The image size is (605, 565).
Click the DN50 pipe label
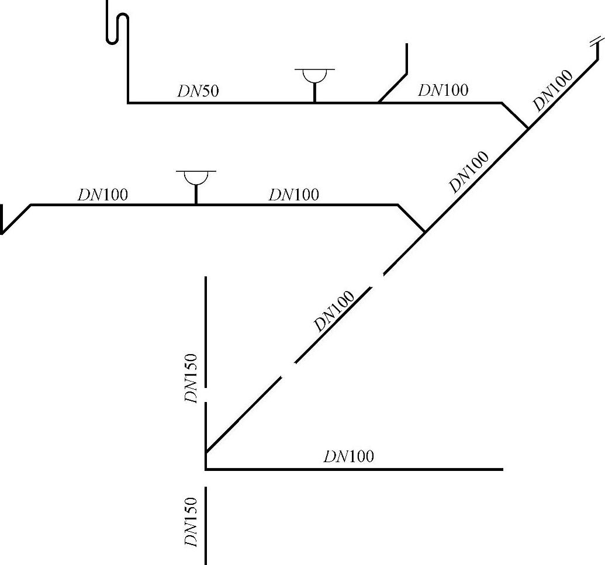click(198, 91)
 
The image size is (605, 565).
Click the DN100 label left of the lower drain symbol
click(102, 194)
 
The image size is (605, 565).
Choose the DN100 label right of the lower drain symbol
click(293, 194)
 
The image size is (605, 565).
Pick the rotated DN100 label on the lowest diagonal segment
click(334, 311)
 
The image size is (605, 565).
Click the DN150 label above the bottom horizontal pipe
click(192, 379)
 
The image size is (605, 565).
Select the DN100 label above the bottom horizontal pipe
click(348, 456)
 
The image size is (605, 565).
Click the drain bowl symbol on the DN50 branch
click(314, 77)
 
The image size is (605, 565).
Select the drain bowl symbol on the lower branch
click(196, 178)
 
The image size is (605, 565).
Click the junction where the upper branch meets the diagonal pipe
click(528, 128)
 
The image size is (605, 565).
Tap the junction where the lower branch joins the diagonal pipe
click(424, 232)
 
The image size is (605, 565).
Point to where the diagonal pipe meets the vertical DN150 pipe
click(206, 452)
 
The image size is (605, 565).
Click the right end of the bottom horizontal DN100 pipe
click(502, 469)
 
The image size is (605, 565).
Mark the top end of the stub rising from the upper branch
click(406, 45)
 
